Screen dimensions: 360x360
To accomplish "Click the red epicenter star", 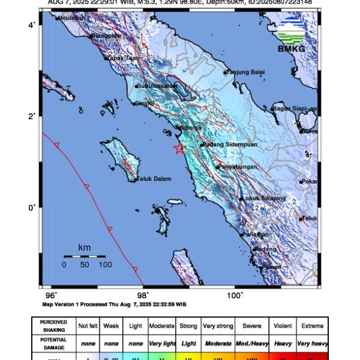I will tap(179, 148).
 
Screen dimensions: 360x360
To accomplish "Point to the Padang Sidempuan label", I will tap(224, 145).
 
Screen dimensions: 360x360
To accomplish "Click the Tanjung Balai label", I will tap(246, 73).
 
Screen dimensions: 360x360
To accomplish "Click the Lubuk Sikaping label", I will tap(260, 198).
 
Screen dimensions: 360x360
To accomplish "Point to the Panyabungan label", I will tap(237, 166).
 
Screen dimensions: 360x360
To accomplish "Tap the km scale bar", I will tap(85, 256).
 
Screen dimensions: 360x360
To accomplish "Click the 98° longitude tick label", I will tap(143, 295).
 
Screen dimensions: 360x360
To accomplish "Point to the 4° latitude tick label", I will tap(34, 25).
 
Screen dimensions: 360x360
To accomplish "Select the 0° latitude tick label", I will tap(34, 208).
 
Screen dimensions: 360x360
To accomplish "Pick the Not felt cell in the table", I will tap(87, 326).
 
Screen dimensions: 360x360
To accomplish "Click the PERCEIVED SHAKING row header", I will tap(53, 326).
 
